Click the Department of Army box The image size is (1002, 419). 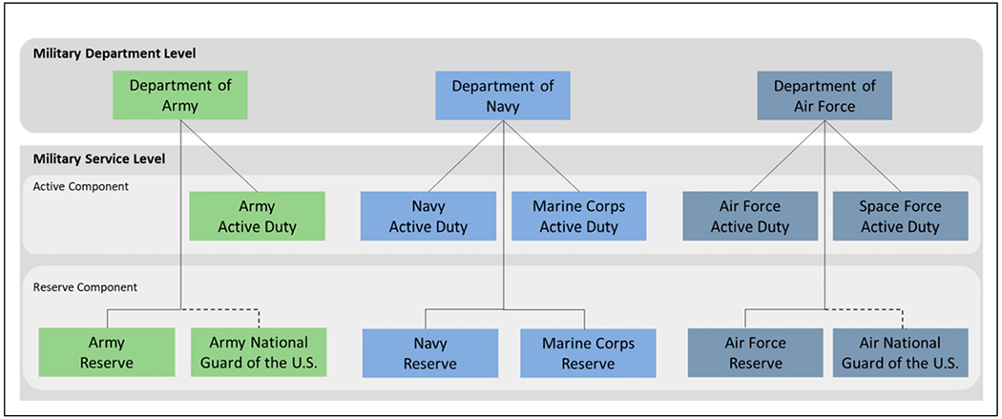[x=180, y=95]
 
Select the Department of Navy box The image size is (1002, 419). [x=503, y=95]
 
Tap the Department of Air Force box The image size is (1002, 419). [x=825, y=95]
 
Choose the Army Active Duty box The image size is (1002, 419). [x=258, y=216]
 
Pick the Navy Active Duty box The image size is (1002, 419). [x=428, y=216]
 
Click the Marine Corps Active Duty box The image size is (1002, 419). [x=578, y=216]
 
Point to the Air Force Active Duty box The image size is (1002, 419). [x=750, y=216]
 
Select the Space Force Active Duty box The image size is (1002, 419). [x=900, y=216]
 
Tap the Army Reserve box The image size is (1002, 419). [x=107, y=352]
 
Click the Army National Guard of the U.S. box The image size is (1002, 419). [x=258, y=352]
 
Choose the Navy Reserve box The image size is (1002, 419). [x=429, y=353]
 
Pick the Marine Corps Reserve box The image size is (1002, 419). [x=588, y=353]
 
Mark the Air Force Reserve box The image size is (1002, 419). [x=755, y=352]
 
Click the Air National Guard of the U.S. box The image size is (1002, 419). [x=901, y=352]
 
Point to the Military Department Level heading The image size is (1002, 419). [x=115, y=52]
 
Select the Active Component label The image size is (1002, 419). [x=81, y=186]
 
